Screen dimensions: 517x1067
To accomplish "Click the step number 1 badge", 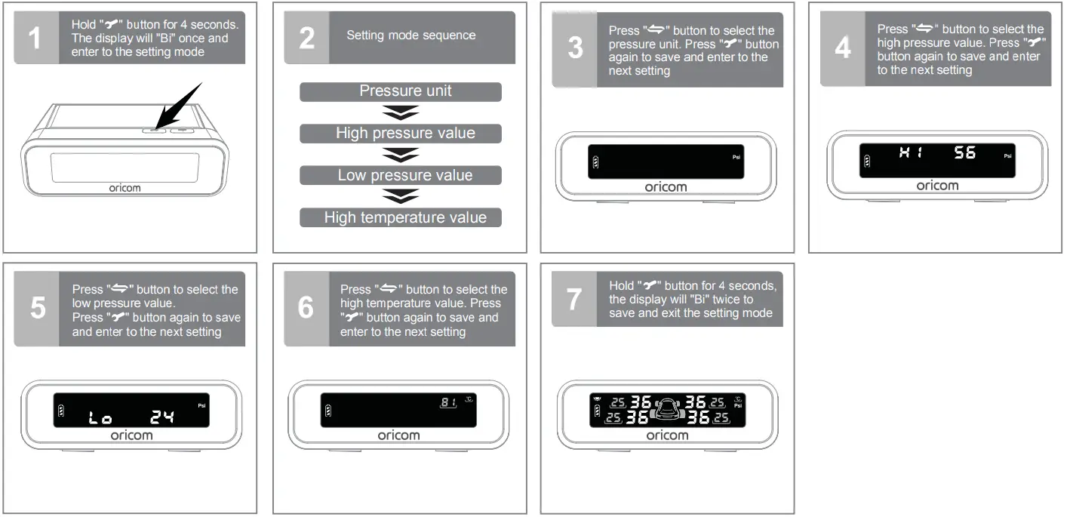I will pyautogui.click(x=36, y=38).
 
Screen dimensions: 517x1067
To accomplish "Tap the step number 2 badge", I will pyautogui.click(x=306, y=38).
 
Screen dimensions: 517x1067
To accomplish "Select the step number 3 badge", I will pyautogui.click(x=574, y=49).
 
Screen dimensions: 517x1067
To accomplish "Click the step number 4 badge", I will pyautogui.click(x=842, y=48).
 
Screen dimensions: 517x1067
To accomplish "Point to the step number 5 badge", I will pyautogui.click(x=36, y=309).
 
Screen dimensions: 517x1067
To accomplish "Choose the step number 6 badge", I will pyautogui.click(x=306, y=309).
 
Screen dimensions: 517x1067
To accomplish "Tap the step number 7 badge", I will pyautogui.click(x=574, y=300).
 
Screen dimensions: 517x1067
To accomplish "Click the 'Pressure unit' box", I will pyautogui.click(x=401, y=91).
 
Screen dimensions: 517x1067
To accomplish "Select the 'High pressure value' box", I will pyautogui.click(x=401, y=134).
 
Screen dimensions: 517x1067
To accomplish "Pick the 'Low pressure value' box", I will pyautogui.click(x=401, y=176).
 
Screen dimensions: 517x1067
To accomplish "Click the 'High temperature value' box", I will pyautogui.click(x=401, y=218).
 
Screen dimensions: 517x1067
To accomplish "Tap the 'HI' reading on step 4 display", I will pyautogui.click(x=908, y=153).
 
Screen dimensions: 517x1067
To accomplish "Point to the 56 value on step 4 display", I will pyautogui.click(x=964, y=153).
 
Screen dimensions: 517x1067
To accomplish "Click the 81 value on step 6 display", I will pyautogui.click(x=449, y=402).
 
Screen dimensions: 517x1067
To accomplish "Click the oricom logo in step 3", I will pyautogui.click(x=666, y=187).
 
